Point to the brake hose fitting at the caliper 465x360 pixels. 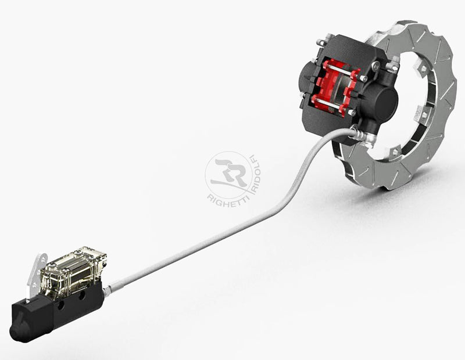click(x=360, y=134)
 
